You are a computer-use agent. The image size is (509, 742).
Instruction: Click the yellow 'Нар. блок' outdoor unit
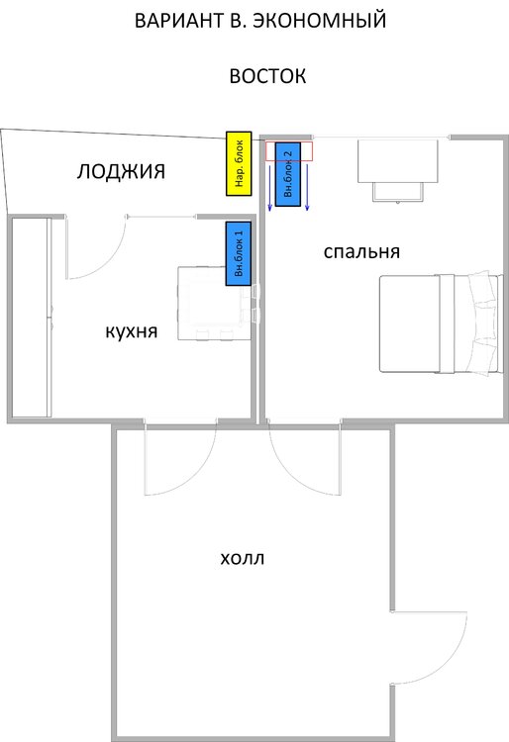239,163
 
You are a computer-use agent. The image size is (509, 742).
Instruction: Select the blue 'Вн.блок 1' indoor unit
239,253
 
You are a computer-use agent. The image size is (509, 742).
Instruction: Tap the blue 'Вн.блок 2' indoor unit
288,174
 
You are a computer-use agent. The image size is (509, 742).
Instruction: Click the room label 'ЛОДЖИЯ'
121,171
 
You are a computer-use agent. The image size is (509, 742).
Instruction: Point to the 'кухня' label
131,331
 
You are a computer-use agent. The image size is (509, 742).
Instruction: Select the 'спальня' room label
361,251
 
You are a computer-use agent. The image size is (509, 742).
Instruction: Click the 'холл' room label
243,558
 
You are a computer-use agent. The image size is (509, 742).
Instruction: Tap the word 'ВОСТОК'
267,76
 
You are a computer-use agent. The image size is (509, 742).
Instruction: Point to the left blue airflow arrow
269,187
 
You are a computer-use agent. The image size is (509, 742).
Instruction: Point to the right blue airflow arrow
307,187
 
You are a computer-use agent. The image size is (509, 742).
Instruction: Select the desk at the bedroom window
398,161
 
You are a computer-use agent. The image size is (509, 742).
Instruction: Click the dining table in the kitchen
214,304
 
